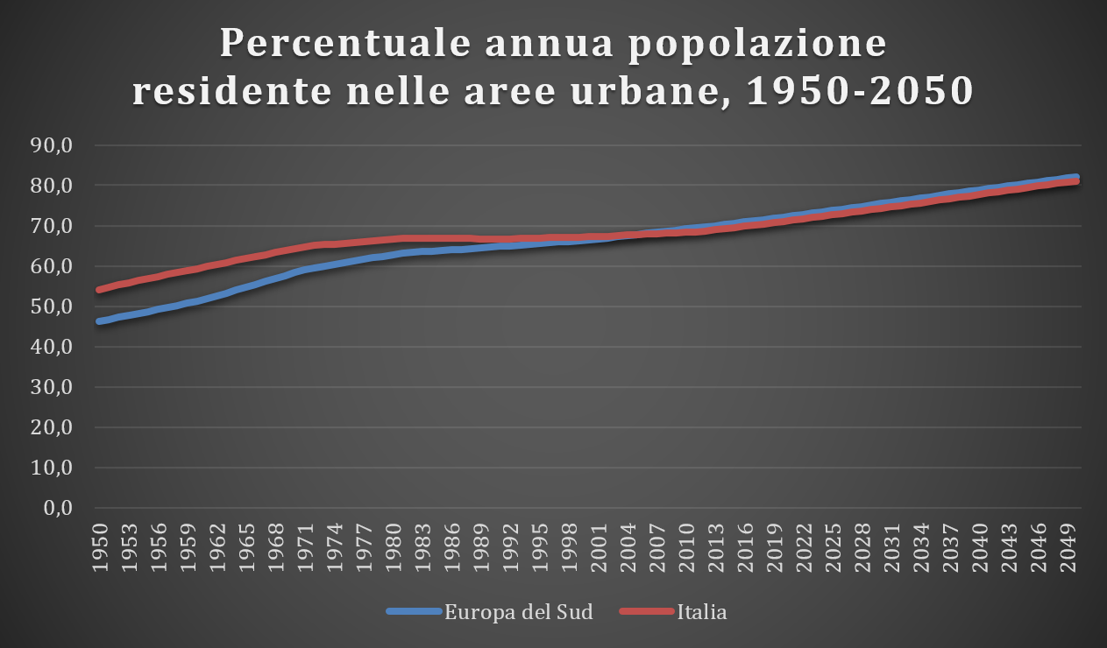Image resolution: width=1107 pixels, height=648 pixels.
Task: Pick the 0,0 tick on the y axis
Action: (70, 508)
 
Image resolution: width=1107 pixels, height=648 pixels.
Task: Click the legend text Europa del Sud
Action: (519, 612)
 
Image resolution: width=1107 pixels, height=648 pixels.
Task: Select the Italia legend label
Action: (701, 612)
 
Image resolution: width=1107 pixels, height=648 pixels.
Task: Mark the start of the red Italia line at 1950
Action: (100, 289)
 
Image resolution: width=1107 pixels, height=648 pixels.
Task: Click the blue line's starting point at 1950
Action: (100, 321)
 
